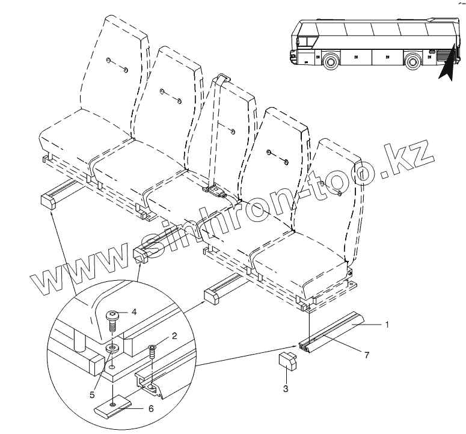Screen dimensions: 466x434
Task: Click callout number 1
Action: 388,325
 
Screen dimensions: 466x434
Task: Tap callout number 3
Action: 286,389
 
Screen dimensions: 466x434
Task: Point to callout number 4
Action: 135,311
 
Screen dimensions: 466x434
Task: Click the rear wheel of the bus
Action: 412,61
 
